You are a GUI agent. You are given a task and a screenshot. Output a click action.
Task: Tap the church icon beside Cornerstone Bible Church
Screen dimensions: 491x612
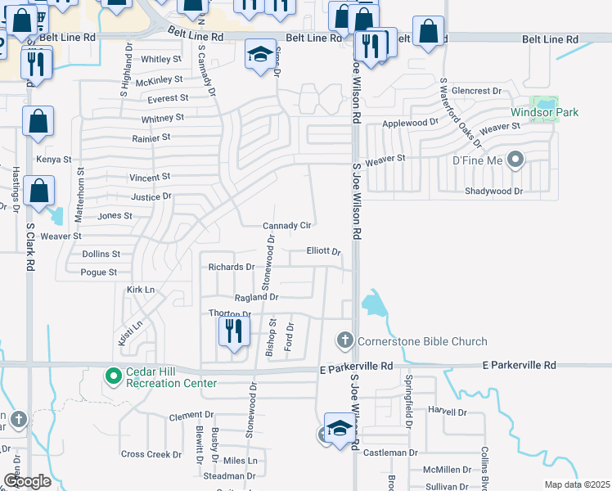(345, 340)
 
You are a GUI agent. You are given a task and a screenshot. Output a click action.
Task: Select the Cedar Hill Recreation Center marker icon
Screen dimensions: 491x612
(114, 376)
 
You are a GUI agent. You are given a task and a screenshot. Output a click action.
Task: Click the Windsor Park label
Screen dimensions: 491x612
(533, 112)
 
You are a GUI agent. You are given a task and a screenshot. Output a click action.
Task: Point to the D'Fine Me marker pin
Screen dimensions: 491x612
(515, 160)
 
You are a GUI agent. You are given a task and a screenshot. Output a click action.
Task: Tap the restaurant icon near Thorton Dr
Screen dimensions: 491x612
(233, 331)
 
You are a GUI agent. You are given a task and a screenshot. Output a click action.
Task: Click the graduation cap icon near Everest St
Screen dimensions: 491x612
(261, 54)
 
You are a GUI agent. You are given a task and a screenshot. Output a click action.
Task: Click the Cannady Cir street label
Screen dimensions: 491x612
(286, 226)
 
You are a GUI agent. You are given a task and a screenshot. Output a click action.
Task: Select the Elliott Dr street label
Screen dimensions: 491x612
(323, 251)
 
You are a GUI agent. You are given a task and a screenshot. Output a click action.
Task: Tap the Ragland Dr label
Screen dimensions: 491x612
(257, 298)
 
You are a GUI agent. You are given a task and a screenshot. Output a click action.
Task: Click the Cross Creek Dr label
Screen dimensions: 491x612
(151, 454)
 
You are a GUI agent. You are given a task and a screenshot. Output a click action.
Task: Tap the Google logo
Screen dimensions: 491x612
(27, 481)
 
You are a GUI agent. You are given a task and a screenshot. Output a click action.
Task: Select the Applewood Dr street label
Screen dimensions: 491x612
(411, 123)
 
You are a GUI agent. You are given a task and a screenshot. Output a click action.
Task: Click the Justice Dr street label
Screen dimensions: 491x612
(151, 196)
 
